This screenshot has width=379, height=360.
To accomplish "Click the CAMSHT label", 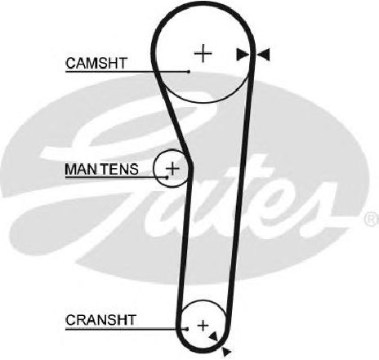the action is tap(96, 63).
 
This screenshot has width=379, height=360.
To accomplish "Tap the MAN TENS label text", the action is tap(102, 169).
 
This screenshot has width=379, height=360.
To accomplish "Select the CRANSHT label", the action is tap(100, 320).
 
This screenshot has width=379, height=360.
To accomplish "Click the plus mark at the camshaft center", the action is tap(203, 53).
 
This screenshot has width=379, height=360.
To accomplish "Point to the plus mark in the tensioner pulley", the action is tap(172, 168).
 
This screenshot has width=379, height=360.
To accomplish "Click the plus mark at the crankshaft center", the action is tap(203, 326).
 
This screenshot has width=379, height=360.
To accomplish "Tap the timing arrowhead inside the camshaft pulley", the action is tap(242, 54).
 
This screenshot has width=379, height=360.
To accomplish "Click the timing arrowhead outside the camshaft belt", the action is tap(264, 55).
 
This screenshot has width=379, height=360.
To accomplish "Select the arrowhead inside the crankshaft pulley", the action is tap(214, 336).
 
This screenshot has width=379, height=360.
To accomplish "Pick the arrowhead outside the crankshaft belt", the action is tap(226, 352).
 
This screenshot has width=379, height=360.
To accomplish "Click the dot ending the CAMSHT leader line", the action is tap(189, 72).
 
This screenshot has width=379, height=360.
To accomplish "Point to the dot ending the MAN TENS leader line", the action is tap(167, 177).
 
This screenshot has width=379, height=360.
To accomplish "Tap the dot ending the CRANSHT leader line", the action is tap(187, 329).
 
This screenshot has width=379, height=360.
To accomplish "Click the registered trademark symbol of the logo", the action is tap(371, 219).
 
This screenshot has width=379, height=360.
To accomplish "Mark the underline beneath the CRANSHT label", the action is tap(126, 329).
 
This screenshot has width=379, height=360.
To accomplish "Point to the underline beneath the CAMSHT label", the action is tap(127, 72).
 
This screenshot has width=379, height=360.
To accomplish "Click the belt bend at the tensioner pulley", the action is tap(191, 166).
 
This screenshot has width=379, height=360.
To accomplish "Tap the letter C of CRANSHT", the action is tap(70, 320).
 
